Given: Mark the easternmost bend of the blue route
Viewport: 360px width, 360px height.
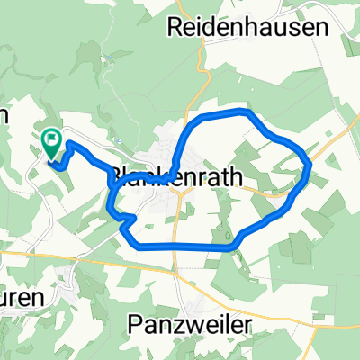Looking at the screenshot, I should pos(310,165).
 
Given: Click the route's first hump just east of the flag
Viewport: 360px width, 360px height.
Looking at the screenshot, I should pos(71,145).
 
